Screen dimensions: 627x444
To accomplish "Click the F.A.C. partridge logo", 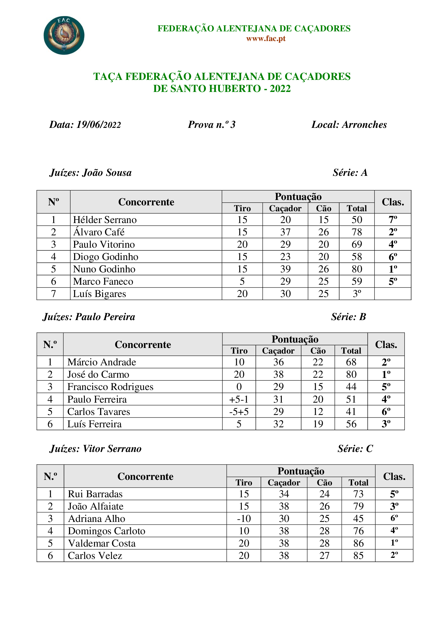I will [64, 35].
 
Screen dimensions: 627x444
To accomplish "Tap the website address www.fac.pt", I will [266, 39].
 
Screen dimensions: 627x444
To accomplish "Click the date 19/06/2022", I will [99, 125].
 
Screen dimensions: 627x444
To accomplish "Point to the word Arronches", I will [364, 125].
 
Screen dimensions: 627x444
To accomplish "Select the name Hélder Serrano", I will [105, 220].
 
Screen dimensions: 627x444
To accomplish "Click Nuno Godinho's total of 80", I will [357, 269].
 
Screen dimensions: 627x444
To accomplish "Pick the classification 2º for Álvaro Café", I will [393, 232].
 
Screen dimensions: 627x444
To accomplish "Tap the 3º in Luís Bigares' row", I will [357, 294].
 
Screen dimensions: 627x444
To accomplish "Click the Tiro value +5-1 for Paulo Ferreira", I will [239, 399].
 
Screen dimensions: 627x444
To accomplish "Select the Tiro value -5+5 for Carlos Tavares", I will [239, 412].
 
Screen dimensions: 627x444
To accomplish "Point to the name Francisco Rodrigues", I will [110, 387].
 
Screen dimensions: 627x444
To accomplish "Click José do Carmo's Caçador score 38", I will [278, 375].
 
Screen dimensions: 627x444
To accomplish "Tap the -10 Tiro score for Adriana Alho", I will [243, 519].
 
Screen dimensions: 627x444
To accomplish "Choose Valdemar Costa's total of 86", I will [358, 543].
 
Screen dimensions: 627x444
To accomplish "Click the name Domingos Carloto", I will [106, 531].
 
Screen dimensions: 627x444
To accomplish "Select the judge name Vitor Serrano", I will [112, 449].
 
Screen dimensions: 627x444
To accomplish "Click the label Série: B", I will [348, 317].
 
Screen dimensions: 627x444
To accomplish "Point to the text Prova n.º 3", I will [212, 125].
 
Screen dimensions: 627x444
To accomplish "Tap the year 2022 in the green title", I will [280, 89].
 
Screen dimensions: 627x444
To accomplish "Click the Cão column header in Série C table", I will [324, 483].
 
